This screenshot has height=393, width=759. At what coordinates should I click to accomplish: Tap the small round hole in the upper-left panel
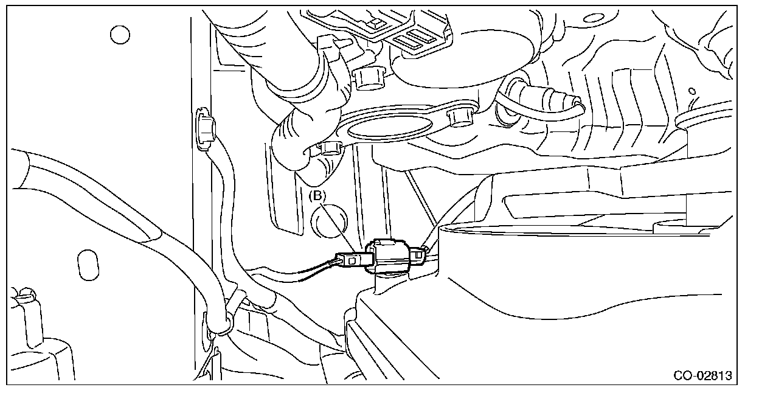(120, 34)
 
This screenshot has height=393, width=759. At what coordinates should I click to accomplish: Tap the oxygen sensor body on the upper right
(547, 97)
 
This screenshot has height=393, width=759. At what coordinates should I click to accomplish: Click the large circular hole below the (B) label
(328, 224)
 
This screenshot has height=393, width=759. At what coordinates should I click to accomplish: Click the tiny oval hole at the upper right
(692, 92)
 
